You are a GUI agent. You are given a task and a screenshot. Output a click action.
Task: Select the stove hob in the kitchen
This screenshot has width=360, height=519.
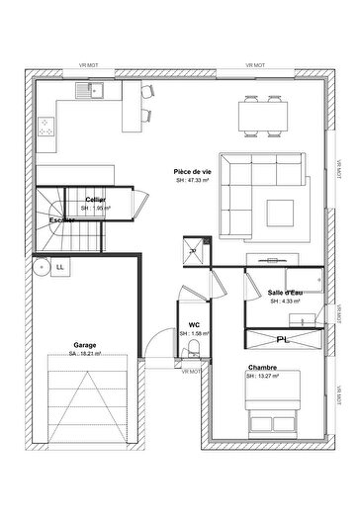point(46,125)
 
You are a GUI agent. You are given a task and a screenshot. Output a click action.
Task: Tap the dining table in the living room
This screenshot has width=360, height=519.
point(265,115)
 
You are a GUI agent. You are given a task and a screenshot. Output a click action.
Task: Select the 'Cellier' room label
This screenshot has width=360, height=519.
point(96,199)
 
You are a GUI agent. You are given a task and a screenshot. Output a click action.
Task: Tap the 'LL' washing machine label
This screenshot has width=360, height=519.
point(60,266)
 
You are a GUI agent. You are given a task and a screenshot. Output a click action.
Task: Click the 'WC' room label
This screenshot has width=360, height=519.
point(194,323)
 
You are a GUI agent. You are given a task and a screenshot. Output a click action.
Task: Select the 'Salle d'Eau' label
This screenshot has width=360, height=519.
point(286,293)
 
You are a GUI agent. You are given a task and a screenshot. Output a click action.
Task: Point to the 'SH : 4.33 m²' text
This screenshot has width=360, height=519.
point(286,302)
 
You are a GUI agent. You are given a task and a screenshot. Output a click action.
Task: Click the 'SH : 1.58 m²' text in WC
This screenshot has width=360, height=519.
point(194,333)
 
